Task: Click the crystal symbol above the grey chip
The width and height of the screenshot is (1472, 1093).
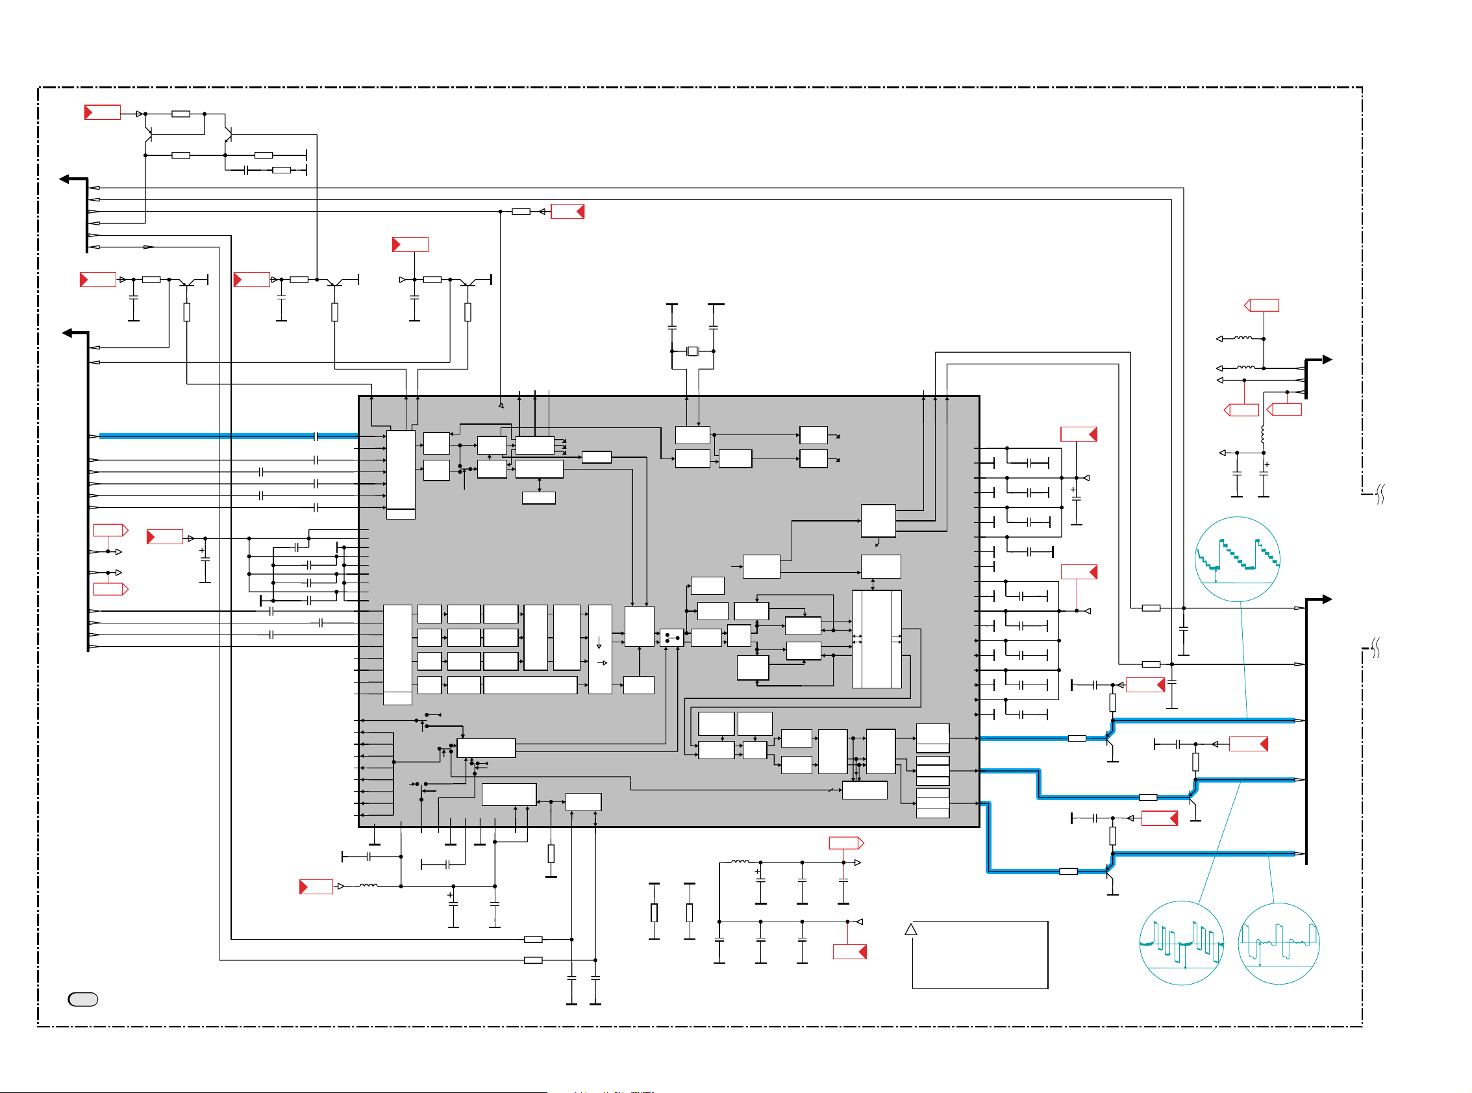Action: [x=692, y=351]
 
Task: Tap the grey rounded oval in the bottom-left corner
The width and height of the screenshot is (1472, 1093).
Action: [x=83, y=999]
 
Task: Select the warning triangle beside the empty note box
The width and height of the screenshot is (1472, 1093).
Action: [x=910, y=929]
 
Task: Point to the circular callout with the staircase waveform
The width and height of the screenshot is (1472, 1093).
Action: [x=1237, y=559]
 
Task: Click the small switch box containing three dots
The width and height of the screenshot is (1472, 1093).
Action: [x=671, y=638]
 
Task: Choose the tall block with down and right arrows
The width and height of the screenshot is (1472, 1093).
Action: [x=600, y=648]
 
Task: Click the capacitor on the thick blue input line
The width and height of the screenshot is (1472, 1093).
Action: [x=316, y=436]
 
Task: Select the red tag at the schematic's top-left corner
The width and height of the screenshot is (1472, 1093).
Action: [x=103, y=112]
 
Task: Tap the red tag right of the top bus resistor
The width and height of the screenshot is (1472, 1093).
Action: [x=568, y=212]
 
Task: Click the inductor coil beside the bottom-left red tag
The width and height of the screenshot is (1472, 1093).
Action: [x=369, y=885]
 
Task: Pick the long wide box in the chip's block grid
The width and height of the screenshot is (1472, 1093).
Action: [x=530, y=685]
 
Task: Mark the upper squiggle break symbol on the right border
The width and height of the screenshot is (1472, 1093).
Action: [x=1380, y=494]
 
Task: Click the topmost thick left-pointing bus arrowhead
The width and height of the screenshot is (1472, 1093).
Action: [x=64, y=179]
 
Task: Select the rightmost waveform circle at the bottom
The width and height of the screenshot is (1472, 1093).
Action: [x=1278, y=944]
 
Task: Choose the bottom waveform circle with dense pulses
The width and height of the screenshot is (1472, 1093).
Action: [x=1181, y=943]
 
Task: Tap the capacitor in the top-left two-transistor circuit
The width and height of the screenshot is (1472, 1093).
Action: [x=247, y=170]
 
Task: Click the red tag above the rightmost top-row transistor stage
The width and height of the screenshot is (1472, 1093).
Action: [x=410, y=245]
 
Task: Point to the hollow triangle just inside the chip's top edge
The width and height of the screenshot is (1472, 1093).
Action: [x=501, y=405]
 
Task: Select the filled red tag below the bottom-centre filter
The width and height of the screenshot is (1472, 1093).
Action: [x=850, y=951]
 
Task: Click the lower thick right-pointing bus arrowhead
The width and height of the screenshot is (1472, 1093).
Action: [x=1327, y=599]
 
